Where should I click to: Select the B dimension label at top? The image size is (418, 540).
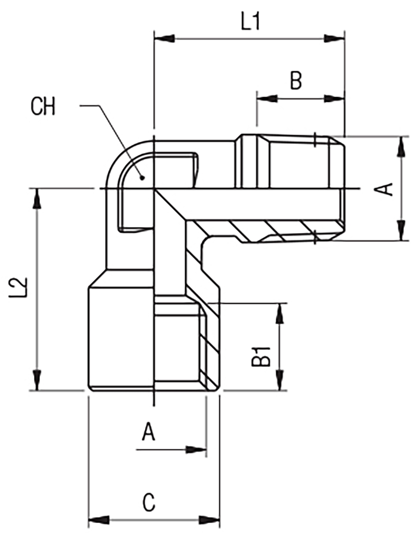point(296,80)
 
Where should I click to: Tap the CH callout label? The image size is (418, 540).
point(43,107)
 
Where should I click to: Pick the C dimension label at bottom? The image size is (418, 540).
point(149,502)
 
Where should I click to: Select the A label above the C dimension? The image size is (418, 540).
point(148,432)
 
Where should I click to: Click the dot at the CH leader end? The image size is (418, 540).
point(142,178)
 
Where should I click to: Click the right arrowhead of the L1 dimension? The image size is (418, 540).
point(334,39)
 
